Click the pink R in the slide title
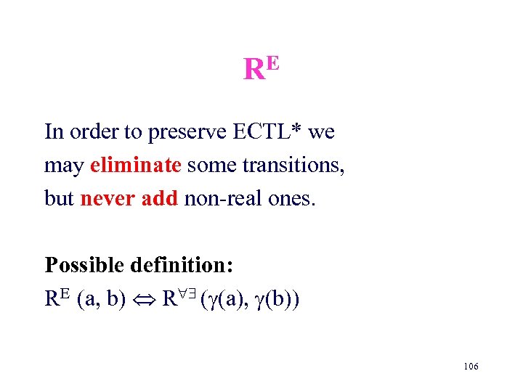(254, 70)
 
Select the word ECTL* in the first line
(267, 132)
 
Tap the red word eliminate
(135, 166)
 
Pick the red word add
(157, 198)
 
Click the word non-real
(219, 198)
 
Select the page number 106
(470, 367)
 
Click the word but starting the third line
(60, 198)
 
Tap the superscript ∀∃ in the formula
(185, 292)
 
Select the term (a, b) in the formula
(101, 298)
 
